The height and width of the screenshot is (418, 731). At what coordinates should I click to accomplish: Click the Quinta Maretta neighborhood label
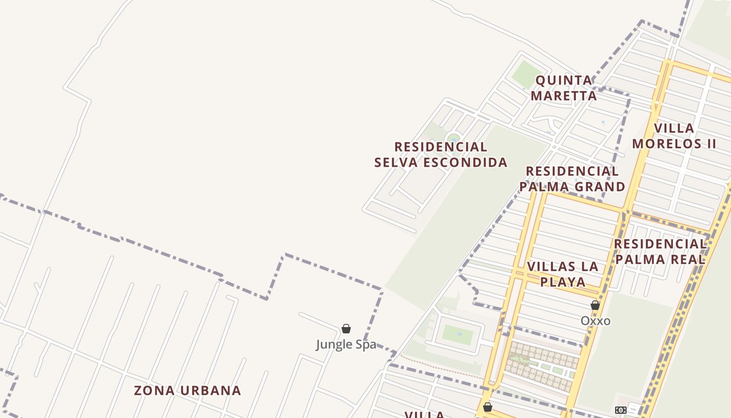click(564, 88)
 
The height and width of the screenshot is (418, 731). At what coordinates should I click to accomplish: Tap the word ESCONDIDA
click(465, 162)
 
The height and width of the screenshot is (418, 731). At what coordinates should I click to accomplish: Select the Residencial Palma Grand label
click(572, 179)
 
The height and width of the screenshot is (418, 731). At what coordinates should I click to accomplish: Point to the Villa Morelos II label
click(674, 136)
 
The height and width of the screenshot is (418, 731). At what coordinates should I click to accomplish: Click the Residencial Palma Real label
click(660, 251)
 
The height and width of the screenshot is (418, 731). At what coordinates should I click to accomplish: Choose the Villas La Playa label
click(563, 274)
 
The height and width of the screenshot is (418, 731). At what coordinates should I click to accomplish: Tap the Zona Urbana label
click(187, 390)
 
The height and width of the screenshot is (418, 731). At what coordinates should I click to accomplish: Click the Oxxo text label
click(595, 321)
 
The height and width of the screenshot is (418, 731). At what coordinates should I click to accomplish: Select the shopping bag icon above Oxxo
click(595, 305)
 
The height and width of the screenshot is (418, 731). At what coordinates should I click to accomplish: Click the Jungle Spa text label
click(346, 345)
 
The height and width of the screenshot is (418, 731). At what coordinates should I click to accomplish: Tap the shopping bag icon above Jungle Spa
click(346, 329)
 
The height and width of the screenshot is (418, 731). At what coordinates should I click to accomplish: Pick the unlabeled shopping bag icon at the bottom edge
click(487, 407)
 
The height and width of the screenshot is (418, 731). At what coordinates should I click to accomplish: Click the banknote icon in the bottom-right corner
click(620, 410)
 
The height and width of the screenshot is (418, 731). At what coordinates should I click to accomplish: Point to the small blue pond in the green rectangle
click(459, 333)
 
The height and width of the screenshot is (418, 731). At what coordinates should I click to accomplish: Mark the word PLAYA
click(563, 282)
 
